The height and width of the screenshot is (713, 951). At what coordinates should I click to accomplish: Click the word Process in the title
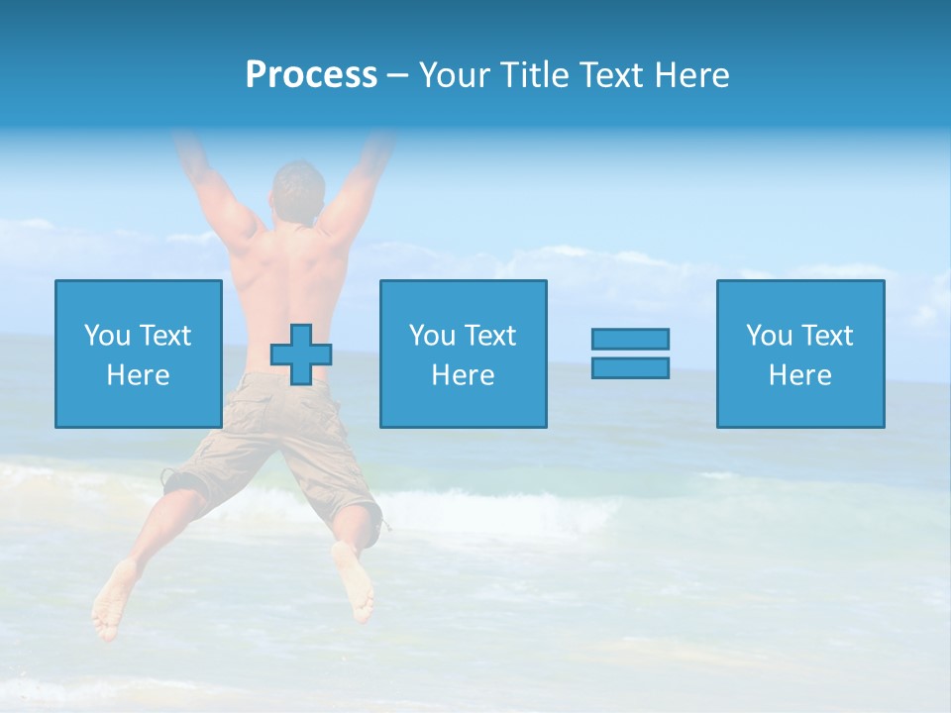pos(311,75)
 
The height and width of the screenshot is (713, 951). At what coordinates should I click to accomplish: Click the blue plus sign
pos(301,354)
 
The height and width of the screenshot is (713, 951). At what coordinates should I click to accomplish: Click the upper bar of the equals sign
pos(630,339)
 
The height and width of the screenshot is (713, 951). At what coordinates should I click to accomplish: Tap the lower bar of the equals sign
pos(630,367)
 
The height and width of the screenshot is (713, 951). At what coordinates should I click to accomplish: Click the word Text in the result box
pos(827,336)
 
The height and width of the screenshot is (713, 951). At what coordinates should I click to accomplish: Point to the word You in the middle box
pos(432,336)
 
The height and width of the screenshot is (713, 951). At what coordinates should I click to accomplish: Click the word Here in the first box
pos(138,375)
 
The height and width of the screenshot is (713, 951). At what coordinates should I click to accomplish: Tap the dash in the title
pos(397,75)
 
